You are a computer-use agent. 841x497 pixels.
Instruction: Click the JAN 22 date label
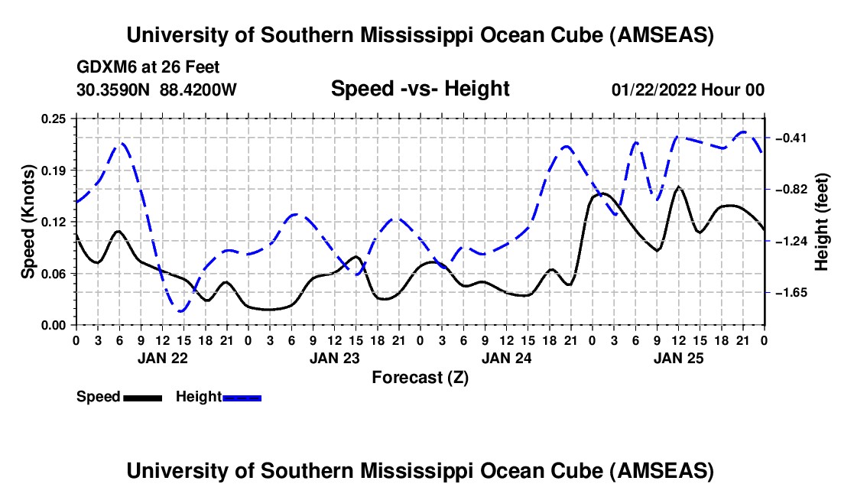(161, 357)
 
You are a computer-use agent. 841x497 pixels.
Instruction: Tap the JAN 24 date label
(506, 357)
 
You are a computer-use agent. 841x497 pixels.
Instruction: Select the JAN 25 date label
(678, 357)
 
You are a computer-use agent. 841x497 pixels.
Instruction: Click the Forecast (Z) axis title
(420, 377)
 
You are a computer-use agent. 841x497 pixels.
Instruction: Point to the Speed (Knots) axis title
(28, 222)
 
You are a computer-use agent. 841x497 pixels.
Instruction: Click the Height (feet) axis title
(822, 222)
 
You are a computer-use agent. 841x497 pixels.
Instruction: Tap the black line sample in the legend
(142, 398)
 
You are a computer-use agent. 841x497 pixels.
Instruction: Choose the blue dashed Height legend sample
(242, 398)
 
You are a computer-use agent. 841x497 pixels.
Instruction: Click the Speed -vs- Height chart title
(420, 89)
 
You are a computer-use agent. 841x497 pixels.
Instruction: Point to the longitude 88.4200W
(199, 90)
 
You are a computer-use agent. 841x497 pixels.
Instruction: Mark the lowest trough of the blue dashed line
(180, 311)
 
